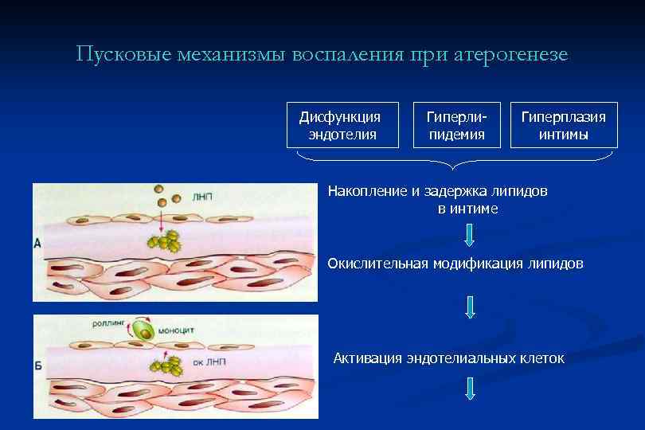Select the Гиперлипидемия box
pyautogui.click(x=457, y=125)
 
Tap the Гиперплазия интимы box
pyautogui.click(x=563, y=125)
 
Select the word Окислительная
pyautogui.click(x=377, y=263)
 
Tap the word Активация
pyautogui.click(x=366, y=358)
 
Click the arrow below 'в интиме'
pyautogui.click(x=469, y=235)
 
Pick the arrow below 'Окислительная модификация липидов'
pyautogui.click(x=469, y=307)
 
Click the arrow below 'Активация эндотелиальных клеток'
pyautogui.click(x=470, y=388)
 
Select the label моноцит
pyautogui.click(x=177, y=328)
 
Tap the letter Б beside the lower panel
pyautogui.click(x=37, y=366)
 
